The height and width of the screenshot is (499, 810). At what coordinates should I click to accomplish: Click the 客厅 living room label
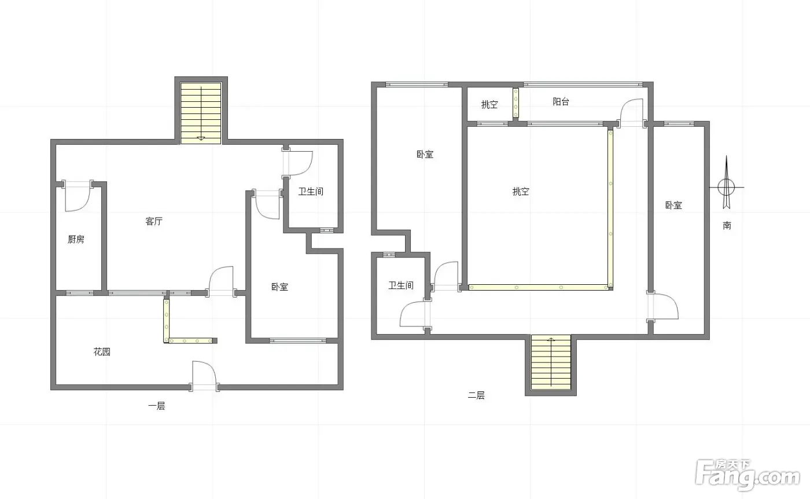[x=154, y=221]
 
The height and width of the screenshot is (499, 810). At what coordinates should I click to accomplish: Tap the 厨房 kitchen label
[x=76, y=239]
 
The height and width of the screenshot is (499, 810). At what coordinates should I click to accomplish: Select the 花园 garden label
[x=102, y=352]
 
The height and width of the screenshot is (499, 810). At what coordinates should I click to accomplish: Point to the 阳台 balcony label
[x=561, y=102]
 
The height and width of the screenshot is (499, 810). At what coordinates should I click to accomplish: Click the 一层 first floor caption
[x=157, y=406]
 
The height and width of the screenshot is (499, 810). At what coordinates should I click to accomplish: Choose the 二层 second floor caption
[x=476, y=395]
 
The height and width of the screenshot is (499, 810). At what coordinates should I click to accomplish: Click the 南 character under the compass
[x=727, y=225]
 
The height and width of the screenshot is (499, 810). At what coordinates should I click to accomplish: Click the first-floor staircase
[x=201, y=113]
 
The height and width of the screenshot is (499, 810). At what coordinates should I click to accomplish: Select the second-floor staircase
[x=551, y=362]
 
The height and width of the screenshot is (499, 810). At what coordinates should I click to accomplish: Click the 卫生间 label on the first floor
[x=311, y=192]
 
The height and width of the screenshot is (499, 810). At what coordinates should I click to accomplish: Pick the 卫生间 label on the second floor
[x=401, y=285]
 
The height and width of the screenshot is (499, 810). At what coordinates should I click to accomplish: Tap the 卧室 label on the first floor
[x=280, y=287]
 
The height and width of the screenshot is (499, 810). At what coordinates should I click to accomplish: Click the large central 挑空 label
[x=521, y=192]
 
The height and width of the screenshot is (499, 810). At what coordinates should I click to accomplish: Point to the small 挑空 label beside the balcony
[x=489, y=105]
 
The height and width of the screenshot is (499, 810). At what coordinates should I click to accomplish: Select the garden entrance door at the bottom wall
[x=204, y=376]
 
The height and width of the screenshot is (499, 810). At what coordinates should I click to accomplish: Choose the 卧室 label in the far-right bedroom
[x=673, y=206]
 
